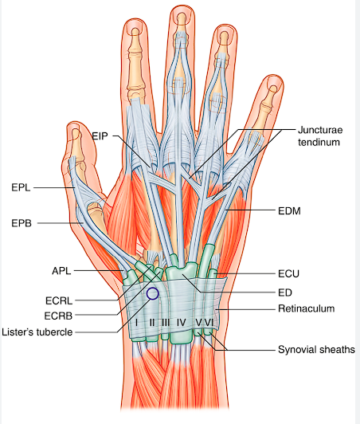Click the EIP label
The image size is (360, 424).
pos(100,135)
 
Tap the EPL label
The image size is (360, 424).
pos(21,187)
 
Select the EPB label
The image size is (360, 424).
pos(22,223)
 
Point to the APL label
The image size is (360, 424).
pos(61,271)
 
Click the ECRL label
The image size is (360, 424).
pos(59,300)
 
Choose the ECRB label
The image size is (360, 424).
pos(58,316)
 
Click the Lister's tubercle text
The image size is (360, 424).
pos(37,332)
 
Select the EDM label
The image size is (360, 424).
pos(289,211)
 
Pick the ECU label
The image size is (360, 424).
pos(288,274)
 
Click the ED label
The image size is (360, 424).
pos(285,292)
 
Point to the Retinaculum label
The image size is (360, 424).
pos(307,308)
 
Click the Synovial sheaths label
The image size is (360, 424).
pos(316,350)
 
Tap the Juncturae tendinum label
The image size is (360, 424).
pos(320,136)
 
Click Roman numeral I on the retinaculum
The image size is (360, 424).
pos(137,322)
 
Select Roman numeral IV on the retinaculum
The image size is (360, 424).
pos(182,322)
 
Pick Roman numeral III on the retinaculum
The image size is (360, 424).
pos(166,322)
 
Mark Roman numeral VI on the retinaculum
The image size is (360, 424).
pos(209,322)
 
